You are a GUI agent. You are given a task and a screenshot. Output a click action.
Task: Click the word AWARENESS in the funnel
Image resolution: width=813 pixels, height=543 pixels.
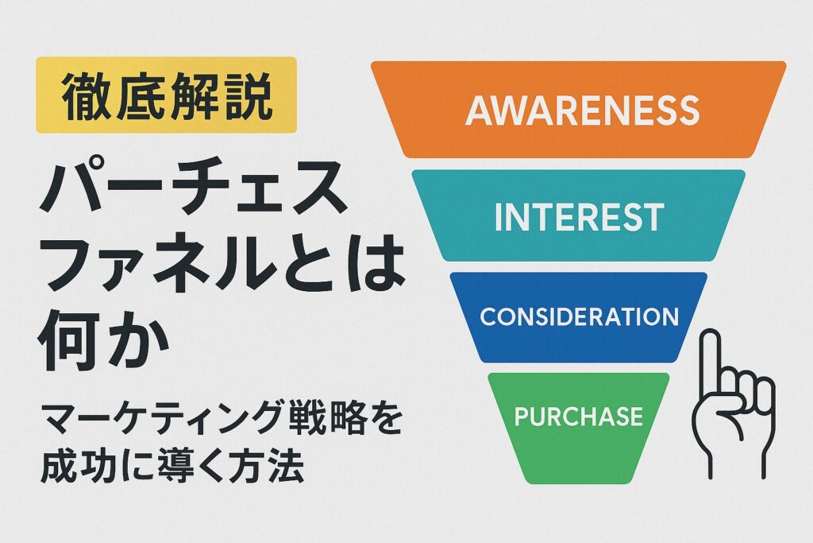click(x=582, y=110)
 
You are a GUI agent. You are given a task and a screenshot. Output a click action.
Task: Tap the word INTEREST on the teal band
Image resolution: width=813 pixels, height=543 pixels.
click(x=579, y=217)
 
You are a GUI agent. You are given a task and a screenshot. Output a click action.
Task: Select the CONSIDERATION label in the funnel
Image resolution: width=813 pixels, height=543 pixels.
click(x=579, y=316)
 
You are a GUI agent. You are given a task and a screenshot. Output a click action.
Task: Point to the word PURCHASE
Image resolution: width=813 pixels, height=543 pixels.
click(x=579, y=417)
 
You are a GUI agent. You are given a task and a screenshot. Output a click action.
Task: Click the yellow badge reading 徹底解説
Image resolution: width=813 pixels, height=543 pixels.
click(x=167, y=95)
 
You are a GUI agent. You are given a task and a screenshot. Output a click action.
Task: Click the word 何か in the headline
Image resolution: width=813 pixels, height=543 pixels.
click(x=105, y=339)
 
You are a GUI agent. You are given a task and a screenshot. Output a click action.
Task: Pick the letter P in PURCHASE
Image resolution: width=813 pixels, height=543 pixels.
click(x=522, y=417)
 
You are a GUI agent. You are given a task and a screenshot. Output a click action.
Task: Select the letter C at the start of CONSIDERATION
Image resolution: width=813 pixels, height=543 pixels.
click(x=488, y=316)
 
